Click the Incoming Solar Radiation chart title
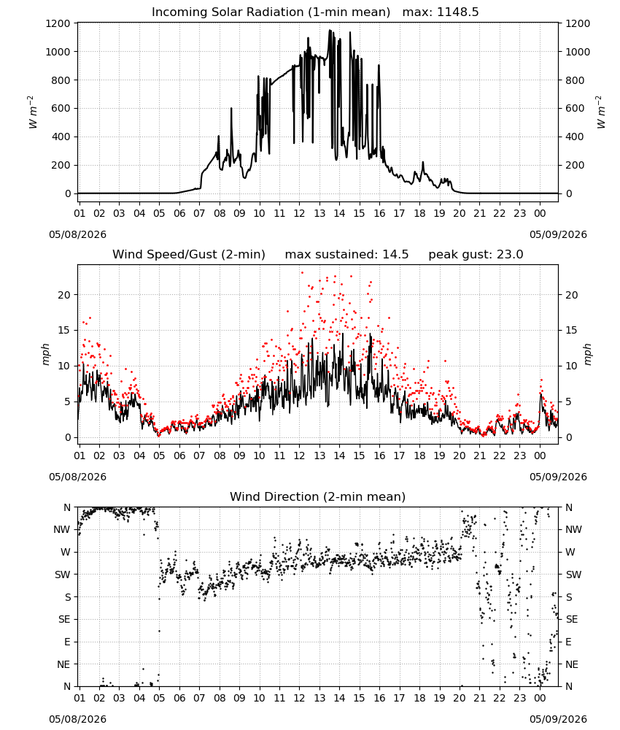point(271,12)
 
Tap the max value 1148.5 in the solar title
point(457,12)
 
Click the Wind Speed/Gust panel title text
point(189,254)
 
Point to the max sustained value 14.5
point(395,254)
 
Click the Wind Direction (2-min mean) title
point(318,496)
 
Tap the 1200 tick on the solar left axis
point(58,23)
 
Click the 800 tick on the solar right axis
point(575,80)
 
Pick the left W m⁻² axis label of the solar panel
point(32,112)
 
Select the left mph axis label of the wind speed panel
point(45,354)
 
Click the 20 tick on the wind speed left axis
point(65,295)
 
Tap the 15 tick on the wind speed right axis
point(571,330)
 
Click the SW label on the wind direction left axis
point(63,575)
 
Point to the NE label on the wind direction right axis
point(571,664)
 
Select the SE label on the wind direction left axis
point(65,619)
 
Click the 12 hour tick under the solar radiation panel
point(299,213)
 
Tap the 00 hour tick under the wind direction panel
point(540,698)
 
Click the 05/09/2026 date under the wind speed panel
point(558,477)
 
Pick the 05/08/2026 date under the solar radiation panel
point(77,234)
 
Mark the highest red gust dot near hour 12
point(302,273)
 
